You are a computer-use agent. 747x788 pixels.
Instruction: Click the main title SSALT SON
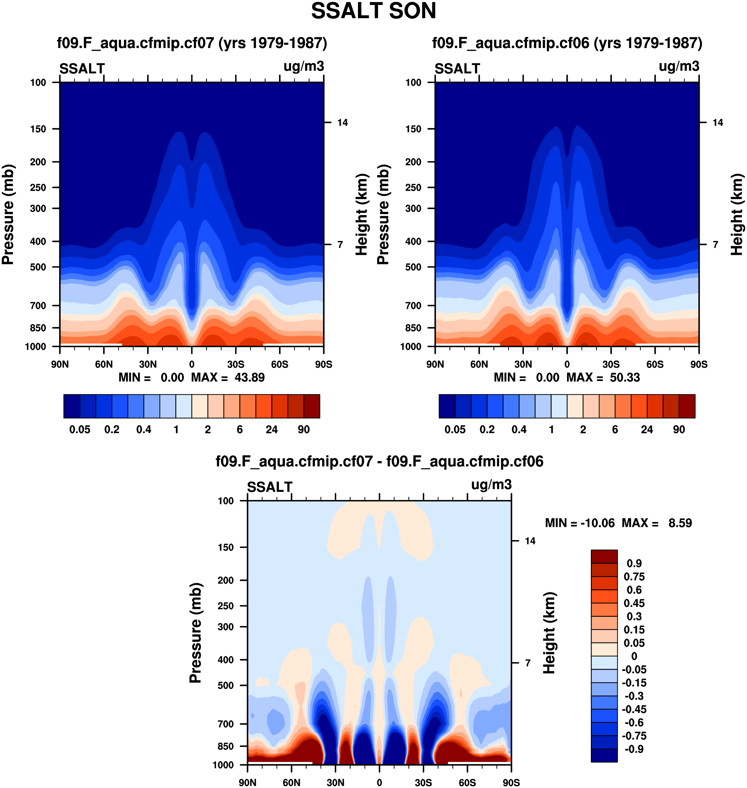pos(373,11)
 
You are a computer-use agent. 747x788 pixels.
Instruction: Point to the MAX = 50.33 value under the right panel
pos(603,377)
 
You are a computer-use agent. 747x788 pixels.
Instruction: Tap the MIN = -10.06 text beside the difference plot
pos(579,523)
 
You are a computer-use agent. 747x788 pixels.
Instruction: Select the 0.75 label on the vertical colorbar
pos(634,577)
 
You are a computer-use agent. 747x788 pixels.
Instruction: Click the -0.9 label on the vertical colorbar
pos(634,749)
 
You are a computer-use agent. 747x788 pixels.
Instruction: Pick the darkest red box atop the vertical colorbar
pos(604,557)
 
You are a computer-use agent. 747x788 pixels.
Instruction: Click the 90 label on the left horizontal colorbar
pos(303,430)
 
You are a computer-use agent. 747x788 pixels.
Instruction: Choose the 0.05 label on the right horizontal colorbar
pos(455,430)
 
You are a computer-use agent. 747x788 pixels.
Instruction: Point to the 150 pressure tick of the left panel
pos(38,129)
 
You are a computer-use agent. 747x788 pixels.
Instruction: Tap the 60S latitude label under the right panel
pos(655,364)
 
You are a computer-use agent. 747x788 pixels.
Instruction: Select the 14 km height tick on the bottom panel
pos(530,541)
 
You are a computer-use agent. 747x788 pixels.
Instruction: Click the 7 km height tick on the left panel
pos(340,245)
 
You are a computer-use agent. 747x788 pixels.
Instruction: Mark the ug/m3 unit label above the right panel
pos(679,66)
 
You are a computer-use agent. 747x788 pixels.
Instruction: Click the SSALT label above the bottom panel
pos(270,487)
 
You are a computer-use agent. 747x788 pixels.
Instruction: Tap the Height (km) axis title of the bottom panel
pos(549,632)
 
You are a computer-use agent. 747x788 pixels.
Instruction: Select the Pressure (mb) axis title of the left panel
pos(8,215)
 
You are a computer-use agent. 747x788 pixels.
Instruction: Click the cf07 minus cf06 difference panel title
pos(379,461)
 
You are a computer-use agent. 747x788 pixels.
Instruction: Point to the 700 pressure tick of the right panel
pos(413,305)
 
